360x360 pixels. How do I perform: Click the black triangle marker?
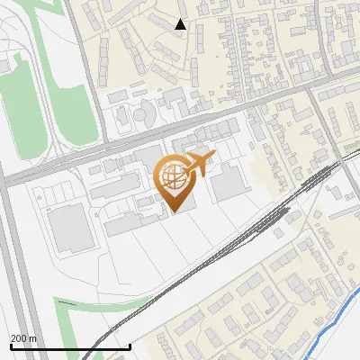[x=181, y=24]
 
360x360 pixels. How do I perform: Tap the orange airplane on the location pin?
[x=197, y=165]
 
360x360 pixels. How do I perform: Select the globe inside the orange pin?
[x=171, y=176]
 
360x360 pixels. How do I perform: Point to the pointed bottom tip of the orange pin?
[x=175, y=211]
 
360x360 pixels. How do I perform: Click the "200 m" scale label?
[x=23, y=338]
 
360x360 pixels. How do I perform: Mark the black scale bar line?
[x=70, y=346]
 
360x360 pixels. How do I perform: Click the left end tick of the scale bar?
[x=10, y=345]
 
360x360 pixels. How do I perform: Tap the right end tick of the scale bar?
[x=130, y=345]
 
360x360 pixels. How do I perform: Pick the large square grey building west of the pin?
[x=68, y=229]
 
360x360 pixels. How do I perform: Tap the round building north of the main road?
[x=142, y=116]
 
